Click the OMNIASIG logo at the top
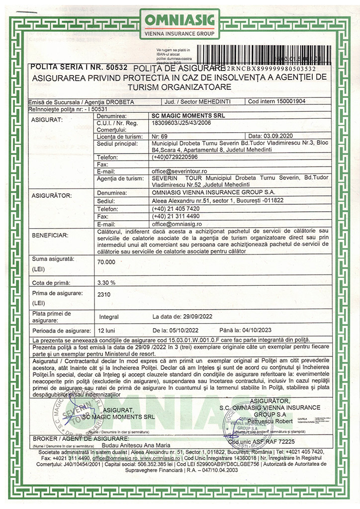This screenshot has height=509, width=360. pos(180,23)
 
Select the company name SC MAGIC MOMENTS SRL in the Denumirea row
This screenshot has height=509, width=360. pos(178,115)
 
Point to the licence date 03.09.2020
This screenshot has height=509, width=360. pos(278,135)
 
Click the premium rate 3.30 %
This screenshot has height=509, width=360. pos(107,282)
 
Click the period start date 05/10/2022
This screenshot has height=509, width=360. pos(179,330)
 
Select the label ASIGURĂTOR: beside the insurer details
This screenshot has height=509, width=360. pos(52,195)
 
